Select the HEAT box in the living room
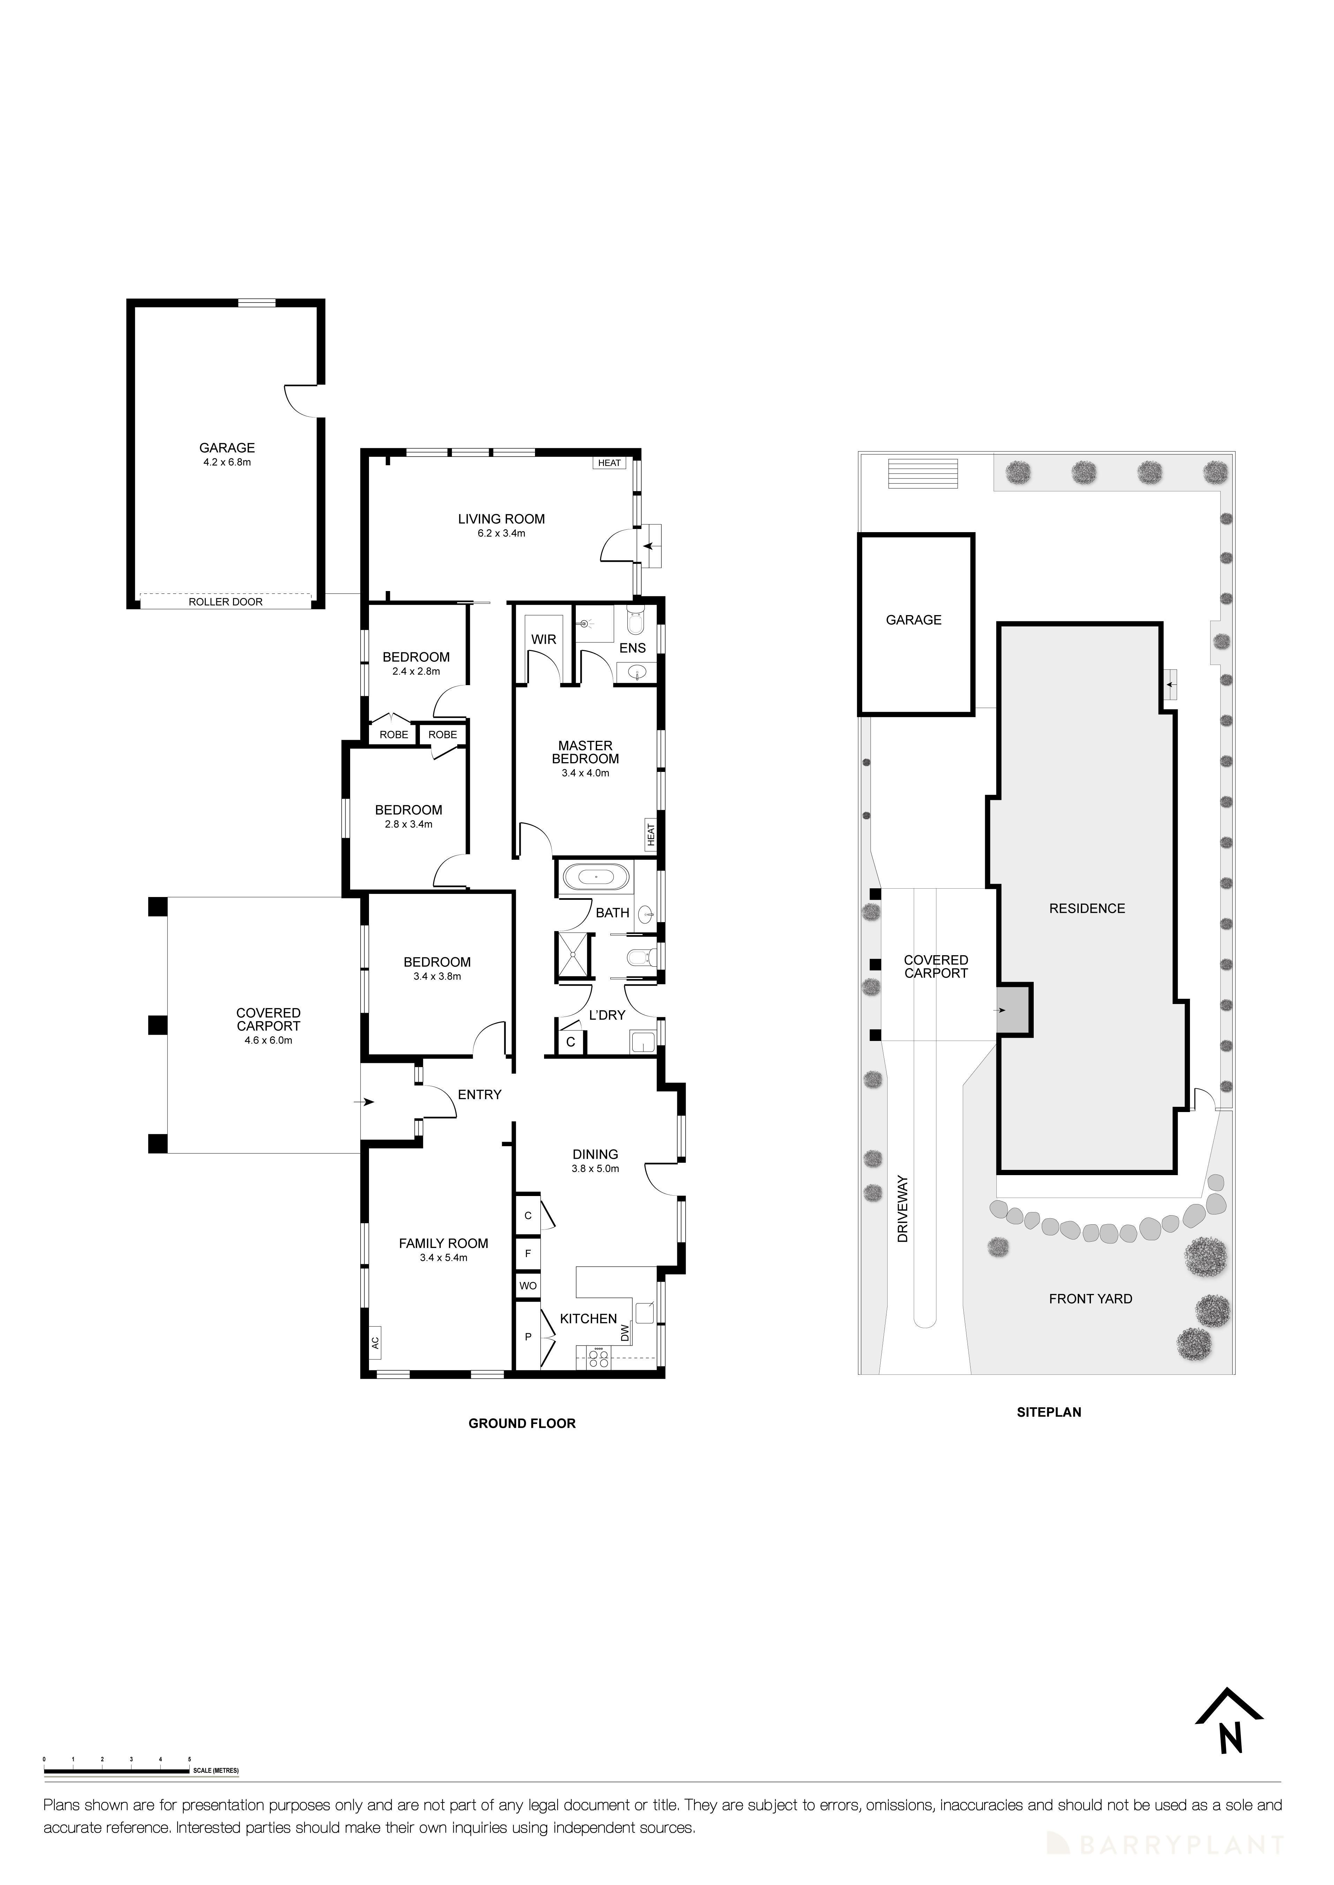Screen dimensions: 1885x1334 [x=610, y=463]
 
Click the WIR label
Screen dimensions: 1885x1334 [x=544, y=639]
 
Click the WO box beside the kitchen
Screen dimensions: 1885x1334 [x=528, y=1286]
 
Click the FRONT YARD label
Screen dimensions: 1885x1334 [x=1090, y=1299]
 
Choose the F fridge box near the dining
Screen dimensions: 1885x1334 [x=528, y=1254]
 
